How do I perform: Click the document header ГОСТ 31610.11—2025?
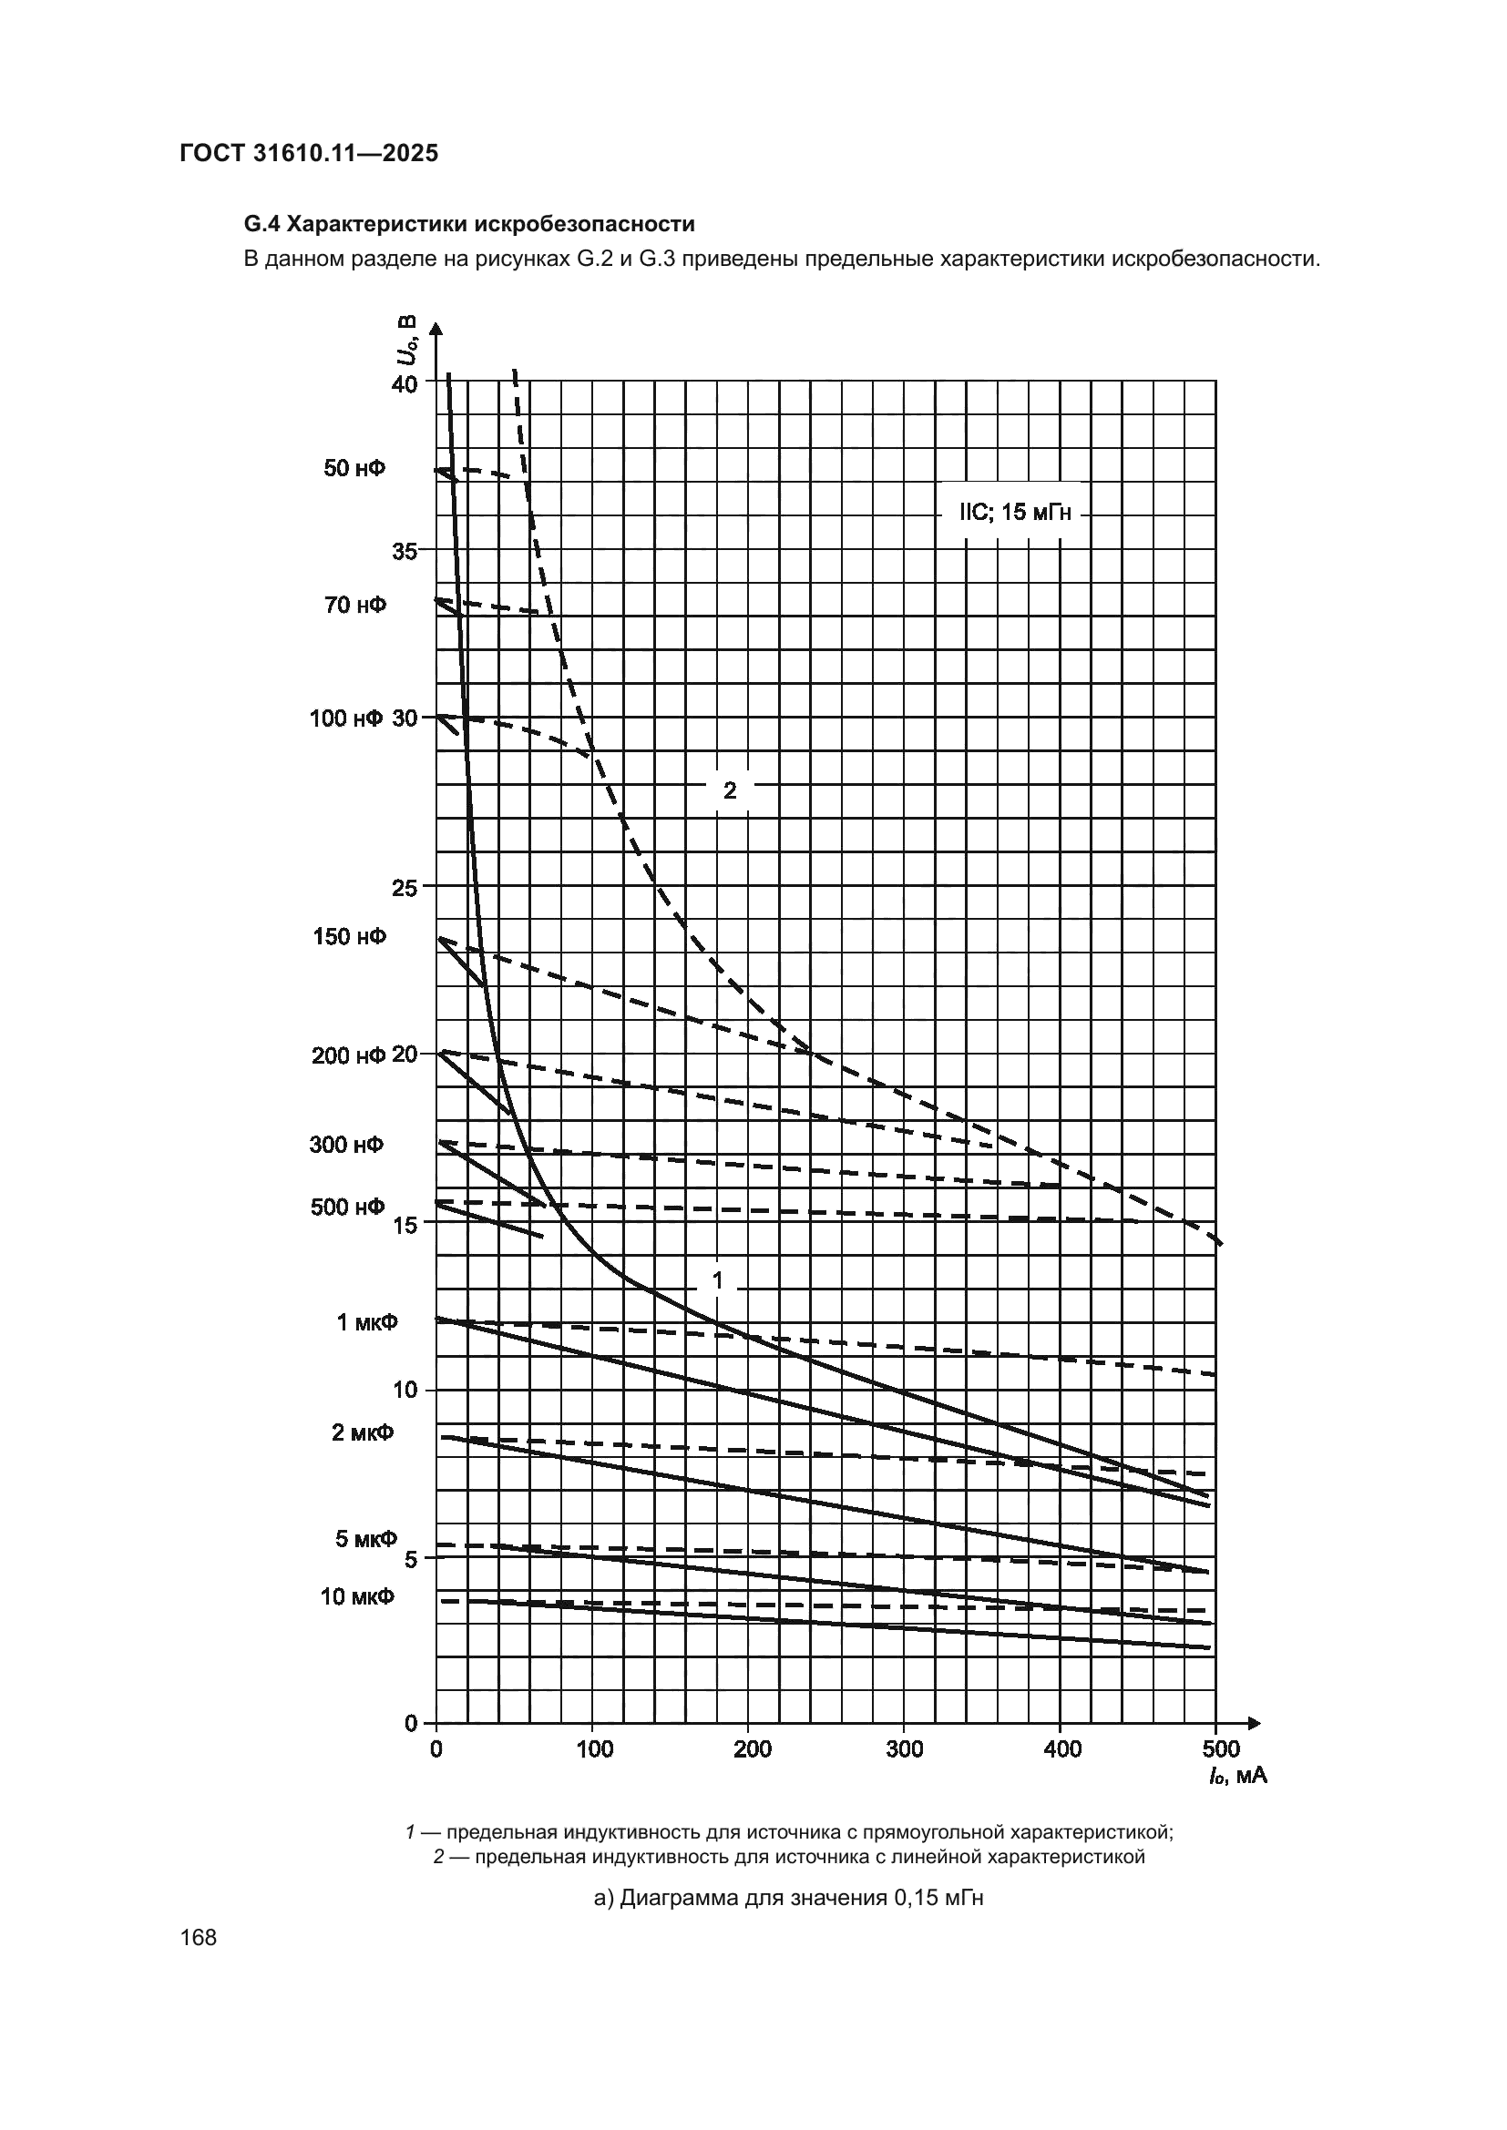click(x=309, y=153)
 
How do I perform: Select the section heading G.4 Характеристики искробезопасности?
click(x=468, y=225)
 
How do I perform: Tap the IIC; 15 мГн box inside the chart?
click(x=1016, y=512)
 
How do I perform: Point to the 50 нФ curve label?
click(x=354, y=468)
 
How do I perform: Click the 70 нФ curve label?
click(x=355, y=605)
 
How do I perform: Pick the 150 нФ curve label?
click(x=350, y=936)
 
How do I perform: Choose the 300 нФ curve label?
click(x=347, y=1145)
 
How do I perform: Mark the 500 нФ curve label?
click(x=348, y=1207)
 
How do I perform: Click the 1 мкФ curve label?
click(x=366, y=1322)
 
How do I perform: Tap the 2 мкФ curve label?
click(x=363, y=1432)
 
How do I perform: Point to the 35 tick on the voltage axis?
click(x=405, y=551)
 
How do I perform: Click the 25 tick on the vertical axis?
click(x=405, y=887)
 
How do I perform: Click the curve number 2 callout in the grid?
click(x=730, y=790)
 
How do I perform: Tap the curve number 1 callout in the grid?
click(x=717, y=1281)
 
